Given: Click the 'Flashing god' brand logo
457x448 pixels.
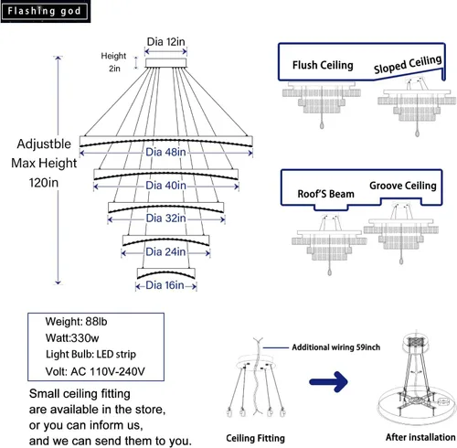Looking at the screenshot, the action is [x=45, y=11].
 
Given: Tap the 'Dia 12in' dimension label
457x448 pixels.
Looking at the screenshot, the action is [x=165, y=42].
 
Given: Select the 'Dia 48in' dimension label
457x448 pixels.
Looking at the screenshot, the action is [x=165, y=152].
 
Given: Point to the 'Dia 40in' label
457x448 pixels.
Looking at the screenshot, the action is [x=165, y=186].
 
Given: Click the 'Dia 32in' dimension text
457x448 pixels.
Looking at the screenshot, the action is [x=165, y=219].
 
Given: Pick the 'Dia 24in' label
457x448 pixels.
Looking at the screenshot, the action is [x=165, y=251].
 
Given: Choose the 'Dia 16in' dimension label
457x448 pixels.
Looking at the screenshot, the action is [x=165, y=285].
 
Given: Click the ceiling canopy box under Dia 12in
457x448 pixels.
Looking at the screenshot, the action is [x=165, y=63].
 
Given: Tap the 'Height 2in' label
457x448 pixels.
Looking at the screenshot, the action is [x=113, y=62].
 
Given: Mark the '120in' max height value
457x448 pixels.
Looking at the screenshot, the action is [x=44, y=183].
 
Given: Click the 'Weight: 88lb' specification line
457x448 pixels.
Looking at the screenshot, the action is [x=76, y=322].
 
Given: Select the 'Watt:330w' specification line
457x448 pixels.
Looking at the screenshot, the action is [x=72, y=338].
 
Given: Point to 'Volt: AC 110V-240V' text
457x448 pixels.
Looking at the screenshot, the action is [x=95, y=371].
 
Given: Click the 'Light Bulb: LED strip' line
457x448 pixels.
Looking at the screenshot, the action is [x=90, y=355].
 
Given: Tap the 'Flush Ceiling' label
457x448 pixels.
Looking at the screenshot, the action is [x=323, y=65].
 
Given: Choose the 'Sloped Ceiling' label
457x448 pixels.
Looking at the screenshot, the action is [x=408, y=64].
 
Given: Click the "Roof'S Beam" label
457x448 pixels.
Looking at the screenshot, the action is [x=325, y=194].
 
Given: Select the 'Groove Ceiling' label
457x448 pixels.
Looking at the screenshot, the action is [x=403, y=186].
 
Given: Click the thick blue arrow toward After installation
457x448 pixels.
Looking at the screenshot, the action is [x=328, y=381].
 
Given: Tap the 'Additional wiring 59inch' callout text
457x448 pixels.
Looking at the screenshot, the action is [x=336, y=347].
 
